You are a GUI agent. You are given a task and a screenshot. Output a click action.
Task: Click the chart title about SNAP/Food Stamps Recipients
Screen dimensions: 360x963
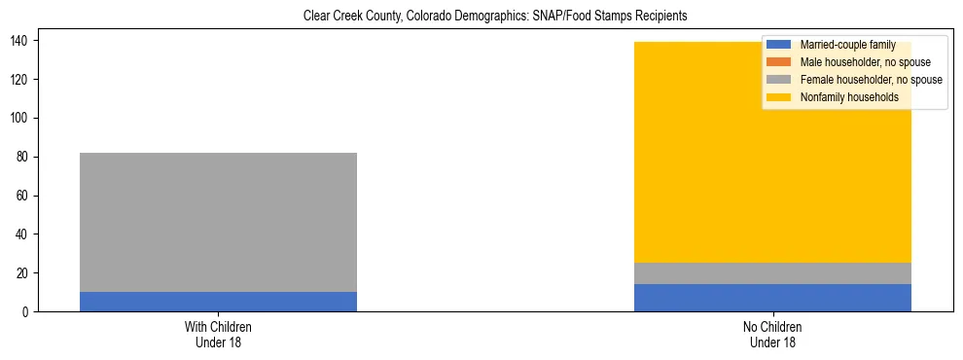(495, 17)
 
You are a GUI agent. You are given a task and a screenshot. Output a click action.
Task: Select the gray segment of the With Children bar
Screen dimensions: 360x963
(218, 222)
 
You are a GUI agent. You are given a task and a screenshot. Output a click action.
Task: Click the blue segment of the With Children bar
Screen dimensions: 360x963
(218, 302)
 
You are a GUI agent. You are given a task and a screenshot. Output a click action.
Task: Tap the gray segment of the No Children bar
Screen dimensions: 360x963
(772, 273)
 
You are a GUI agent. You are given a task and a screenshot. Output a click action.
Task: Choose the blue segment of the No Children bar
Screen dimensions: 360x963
(772, 298)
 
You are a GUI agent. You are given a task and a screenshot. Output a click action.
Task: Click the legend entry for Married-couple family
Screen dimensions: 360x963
(847, 45)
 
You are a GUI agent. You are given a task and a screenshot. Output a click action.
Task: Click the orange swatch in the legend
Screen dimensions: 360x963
(779, 62)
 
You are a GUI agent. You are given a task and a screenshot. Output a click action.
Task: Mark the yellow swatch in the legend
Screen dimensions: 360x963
(779, 97)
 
